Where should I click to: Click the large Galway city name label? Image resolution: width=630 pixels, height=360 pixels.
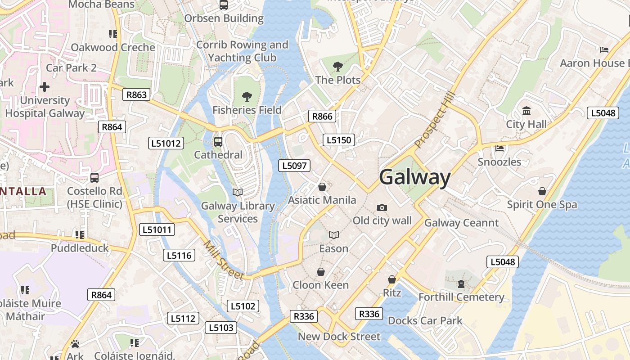click(x=414, y=177)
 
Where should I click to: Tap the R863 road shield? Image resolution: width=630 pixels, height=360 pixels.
click(x=136, y=94)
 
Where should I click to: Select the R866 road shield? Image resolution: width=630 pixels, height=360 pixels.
click(x=322, y=117)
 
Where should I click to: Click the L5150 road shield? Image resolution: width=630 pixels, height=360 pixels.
click(x=338, y=140)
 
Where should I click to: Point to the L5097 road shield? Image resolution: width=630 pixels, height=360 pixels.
click(x=294, y=166)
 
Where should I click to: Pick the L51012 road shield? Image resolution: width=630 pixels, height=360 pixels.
click(x=166, y=144)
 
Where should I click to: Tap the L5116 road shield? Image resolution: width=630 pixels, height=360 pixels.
click(x=179, y=256)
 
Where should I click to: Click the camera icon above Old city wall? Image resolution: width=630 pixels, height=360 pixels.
click(x=382, y=207)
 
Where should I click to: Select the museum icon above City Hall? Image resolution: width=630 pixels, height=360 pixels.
click(x=526, y=111)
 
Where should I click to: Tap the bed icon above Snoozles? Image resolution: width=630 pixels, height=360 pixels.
click(x=499, y=148)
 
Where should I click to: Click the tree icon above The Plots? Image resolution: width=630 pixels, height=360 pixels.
click(x=337, y=67)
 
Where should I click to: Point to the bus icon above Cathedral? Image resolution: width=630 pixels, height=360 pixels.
click(x=218, y=142)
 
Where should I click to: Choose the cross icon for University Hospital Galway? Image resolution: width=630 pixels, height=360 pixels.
click(x=45, y=86)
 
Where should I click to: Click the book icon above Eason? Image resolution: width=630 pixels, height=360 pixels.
click(x=333, y=235)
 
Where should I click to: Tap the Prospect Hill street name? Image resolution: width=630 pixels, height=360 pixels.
click(x=435, y=120)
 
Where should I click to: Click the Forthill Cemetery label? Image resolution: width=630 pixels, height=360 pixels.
click(x=461, y=297)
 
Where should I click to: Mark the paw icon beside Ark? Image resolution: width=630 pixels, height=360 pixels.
click(x=75, y=344)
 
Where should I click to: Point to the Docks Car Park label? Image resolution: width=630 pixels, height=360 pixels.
click(x=425, y=321)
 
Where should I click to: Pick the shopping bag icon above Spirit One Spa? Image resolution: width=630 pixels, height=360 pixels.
click(x=542, y=191)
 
